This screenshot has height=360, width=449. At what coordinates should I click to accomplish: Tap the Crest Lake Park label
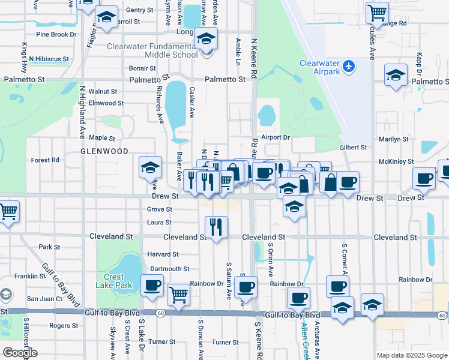tap(113, 281)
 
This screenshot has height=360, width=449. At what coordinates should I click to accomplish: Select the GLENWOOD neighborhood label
tap(104, 152)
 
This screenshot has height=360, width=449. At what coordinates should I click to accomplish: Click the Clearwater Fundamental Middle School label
tap(152, 50)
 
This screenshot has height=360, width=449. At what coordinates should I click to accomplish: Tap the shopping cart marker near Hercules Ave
tap(377, 11)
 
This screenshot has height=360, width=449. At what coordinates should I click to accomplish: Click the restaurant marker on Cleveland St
tap(216, 227)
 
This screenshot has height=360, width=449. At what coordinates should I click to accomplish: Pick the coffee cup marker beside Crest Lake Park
tap(152, 285)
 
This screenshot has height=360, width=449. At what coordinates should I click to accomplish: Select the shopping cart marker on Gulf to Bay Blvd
tap(178, 294)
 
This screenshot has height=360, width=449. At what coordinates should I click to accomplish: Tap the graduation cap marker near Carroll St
tap(107, 18)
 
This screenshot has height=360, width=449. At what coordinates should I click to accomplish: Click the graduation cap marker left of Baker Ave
tap(150, 166)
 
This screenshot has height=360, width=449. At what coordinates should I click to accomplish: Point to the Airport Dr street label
tap(276, 137)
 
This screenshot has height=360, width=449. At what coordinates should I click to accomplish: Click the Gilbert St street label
tap(353, 147)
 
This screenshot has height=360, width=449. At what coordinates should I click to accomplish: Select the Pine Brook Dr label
tap(56, 34)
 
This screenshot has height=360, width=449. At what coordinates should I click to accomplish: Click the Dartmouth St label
tap(170, 269)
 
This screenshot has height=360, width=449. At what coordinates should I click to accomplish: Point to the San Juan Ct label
tap(44, 298)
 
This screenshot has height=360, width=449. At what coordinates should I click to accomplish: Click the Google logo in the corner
tap(20, 353)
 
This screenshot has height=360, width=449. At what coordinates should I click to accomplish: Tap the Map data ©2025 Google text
tap(411, 355)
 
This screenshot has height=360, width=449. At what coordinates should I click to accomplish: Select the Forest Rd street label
tap(45, 160)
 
